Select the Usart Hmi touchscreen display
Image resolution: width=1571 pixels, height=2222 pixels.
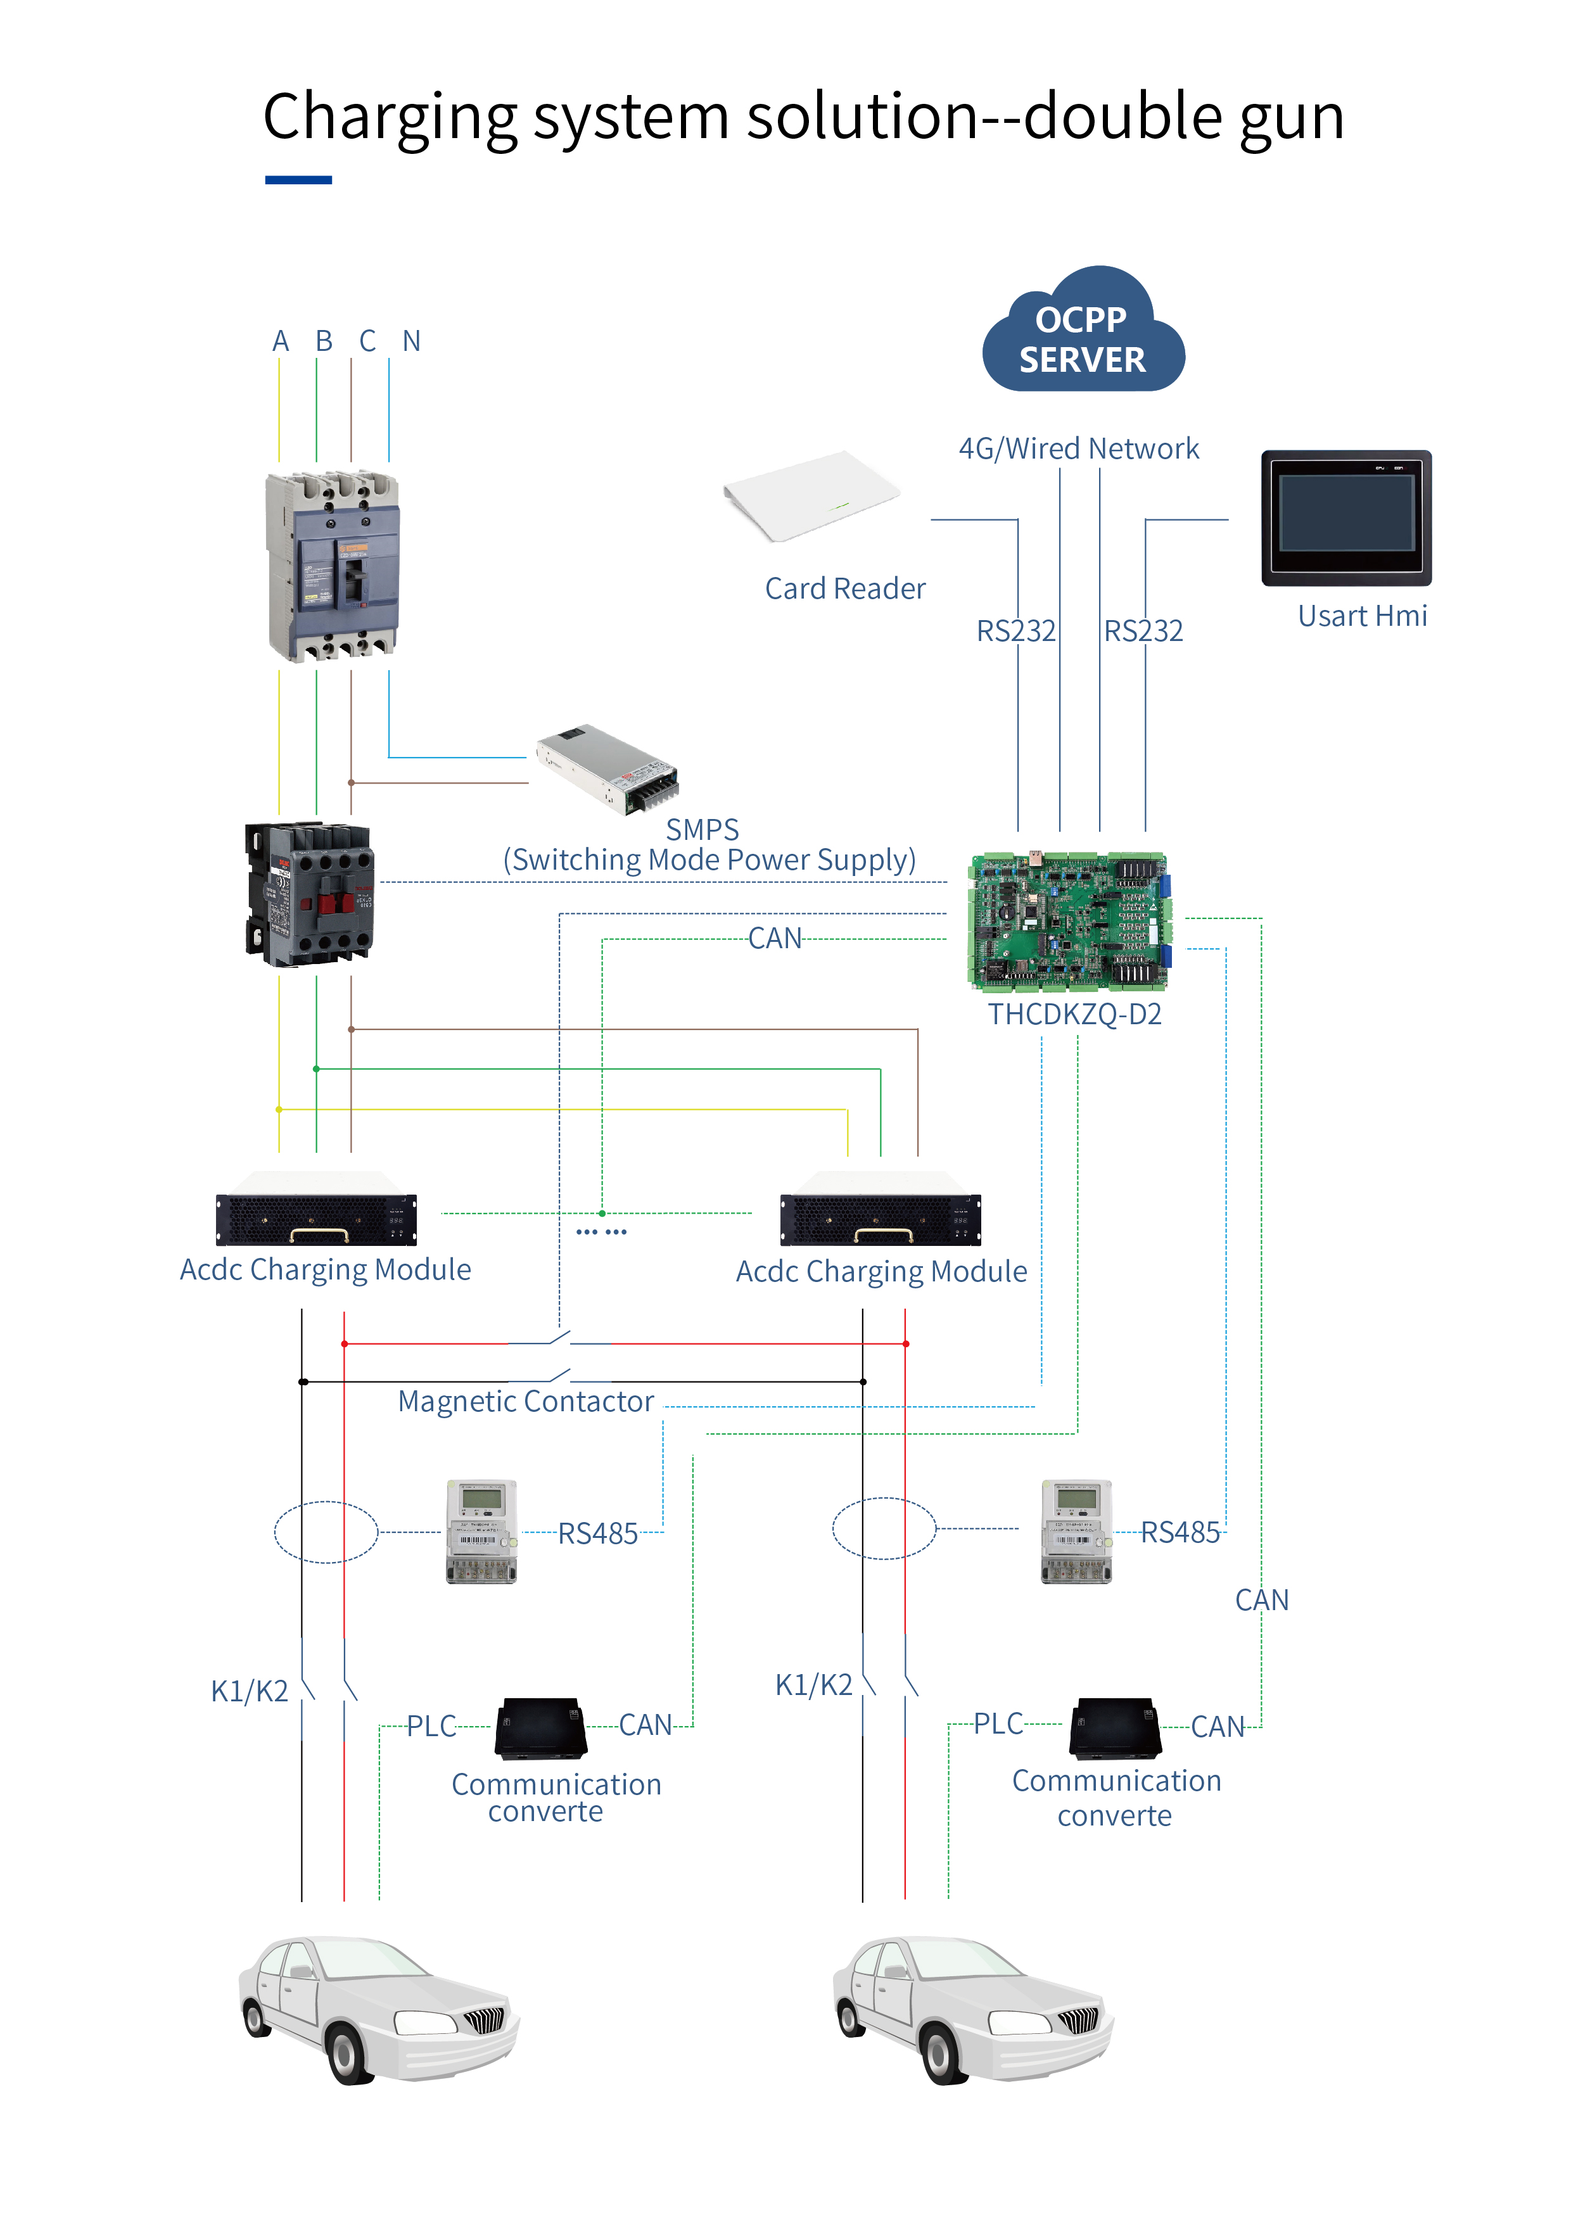pyautogui.click(x=1345, y=517)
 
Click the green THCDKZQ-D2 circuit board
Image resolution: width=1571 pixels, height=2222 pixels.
pyautogui.click(x=1069, y=922)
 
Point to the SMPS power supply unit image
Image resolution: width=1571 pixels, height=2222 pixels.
pyautogui.click(x=608, y=770)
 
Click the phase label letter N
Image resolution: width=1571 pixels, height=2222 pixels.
pyautogui.click(x=411, y=341)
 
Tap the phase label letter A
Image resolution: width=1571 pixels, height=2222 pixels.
pyautogui.click(x=281, y=341)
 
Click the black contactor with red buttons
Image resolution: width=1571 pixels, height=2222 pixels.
pyautogui.click(x=310, y=895)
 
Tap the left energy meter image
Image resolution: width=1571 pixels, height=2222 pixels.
pyautogui.click(x=481, y=1531)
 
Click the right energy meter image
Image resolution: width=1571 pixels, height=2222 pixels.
pyautogui.click(x=1076, y=1531)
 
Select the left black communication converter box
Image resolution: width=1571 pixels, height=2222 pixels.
pyautogui.click(x=540, y=1729)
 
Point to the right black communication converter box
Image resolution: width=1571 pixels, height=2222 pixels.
pyautogui.click(x=1115, y=1729)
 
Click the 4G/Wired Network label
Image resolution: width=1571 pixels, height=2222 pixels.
pyautogui.click(x=1078, y=449)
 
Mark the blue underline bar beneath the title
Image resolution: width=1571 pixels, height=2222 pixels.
pyautogui.click(x=298, y=180)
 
